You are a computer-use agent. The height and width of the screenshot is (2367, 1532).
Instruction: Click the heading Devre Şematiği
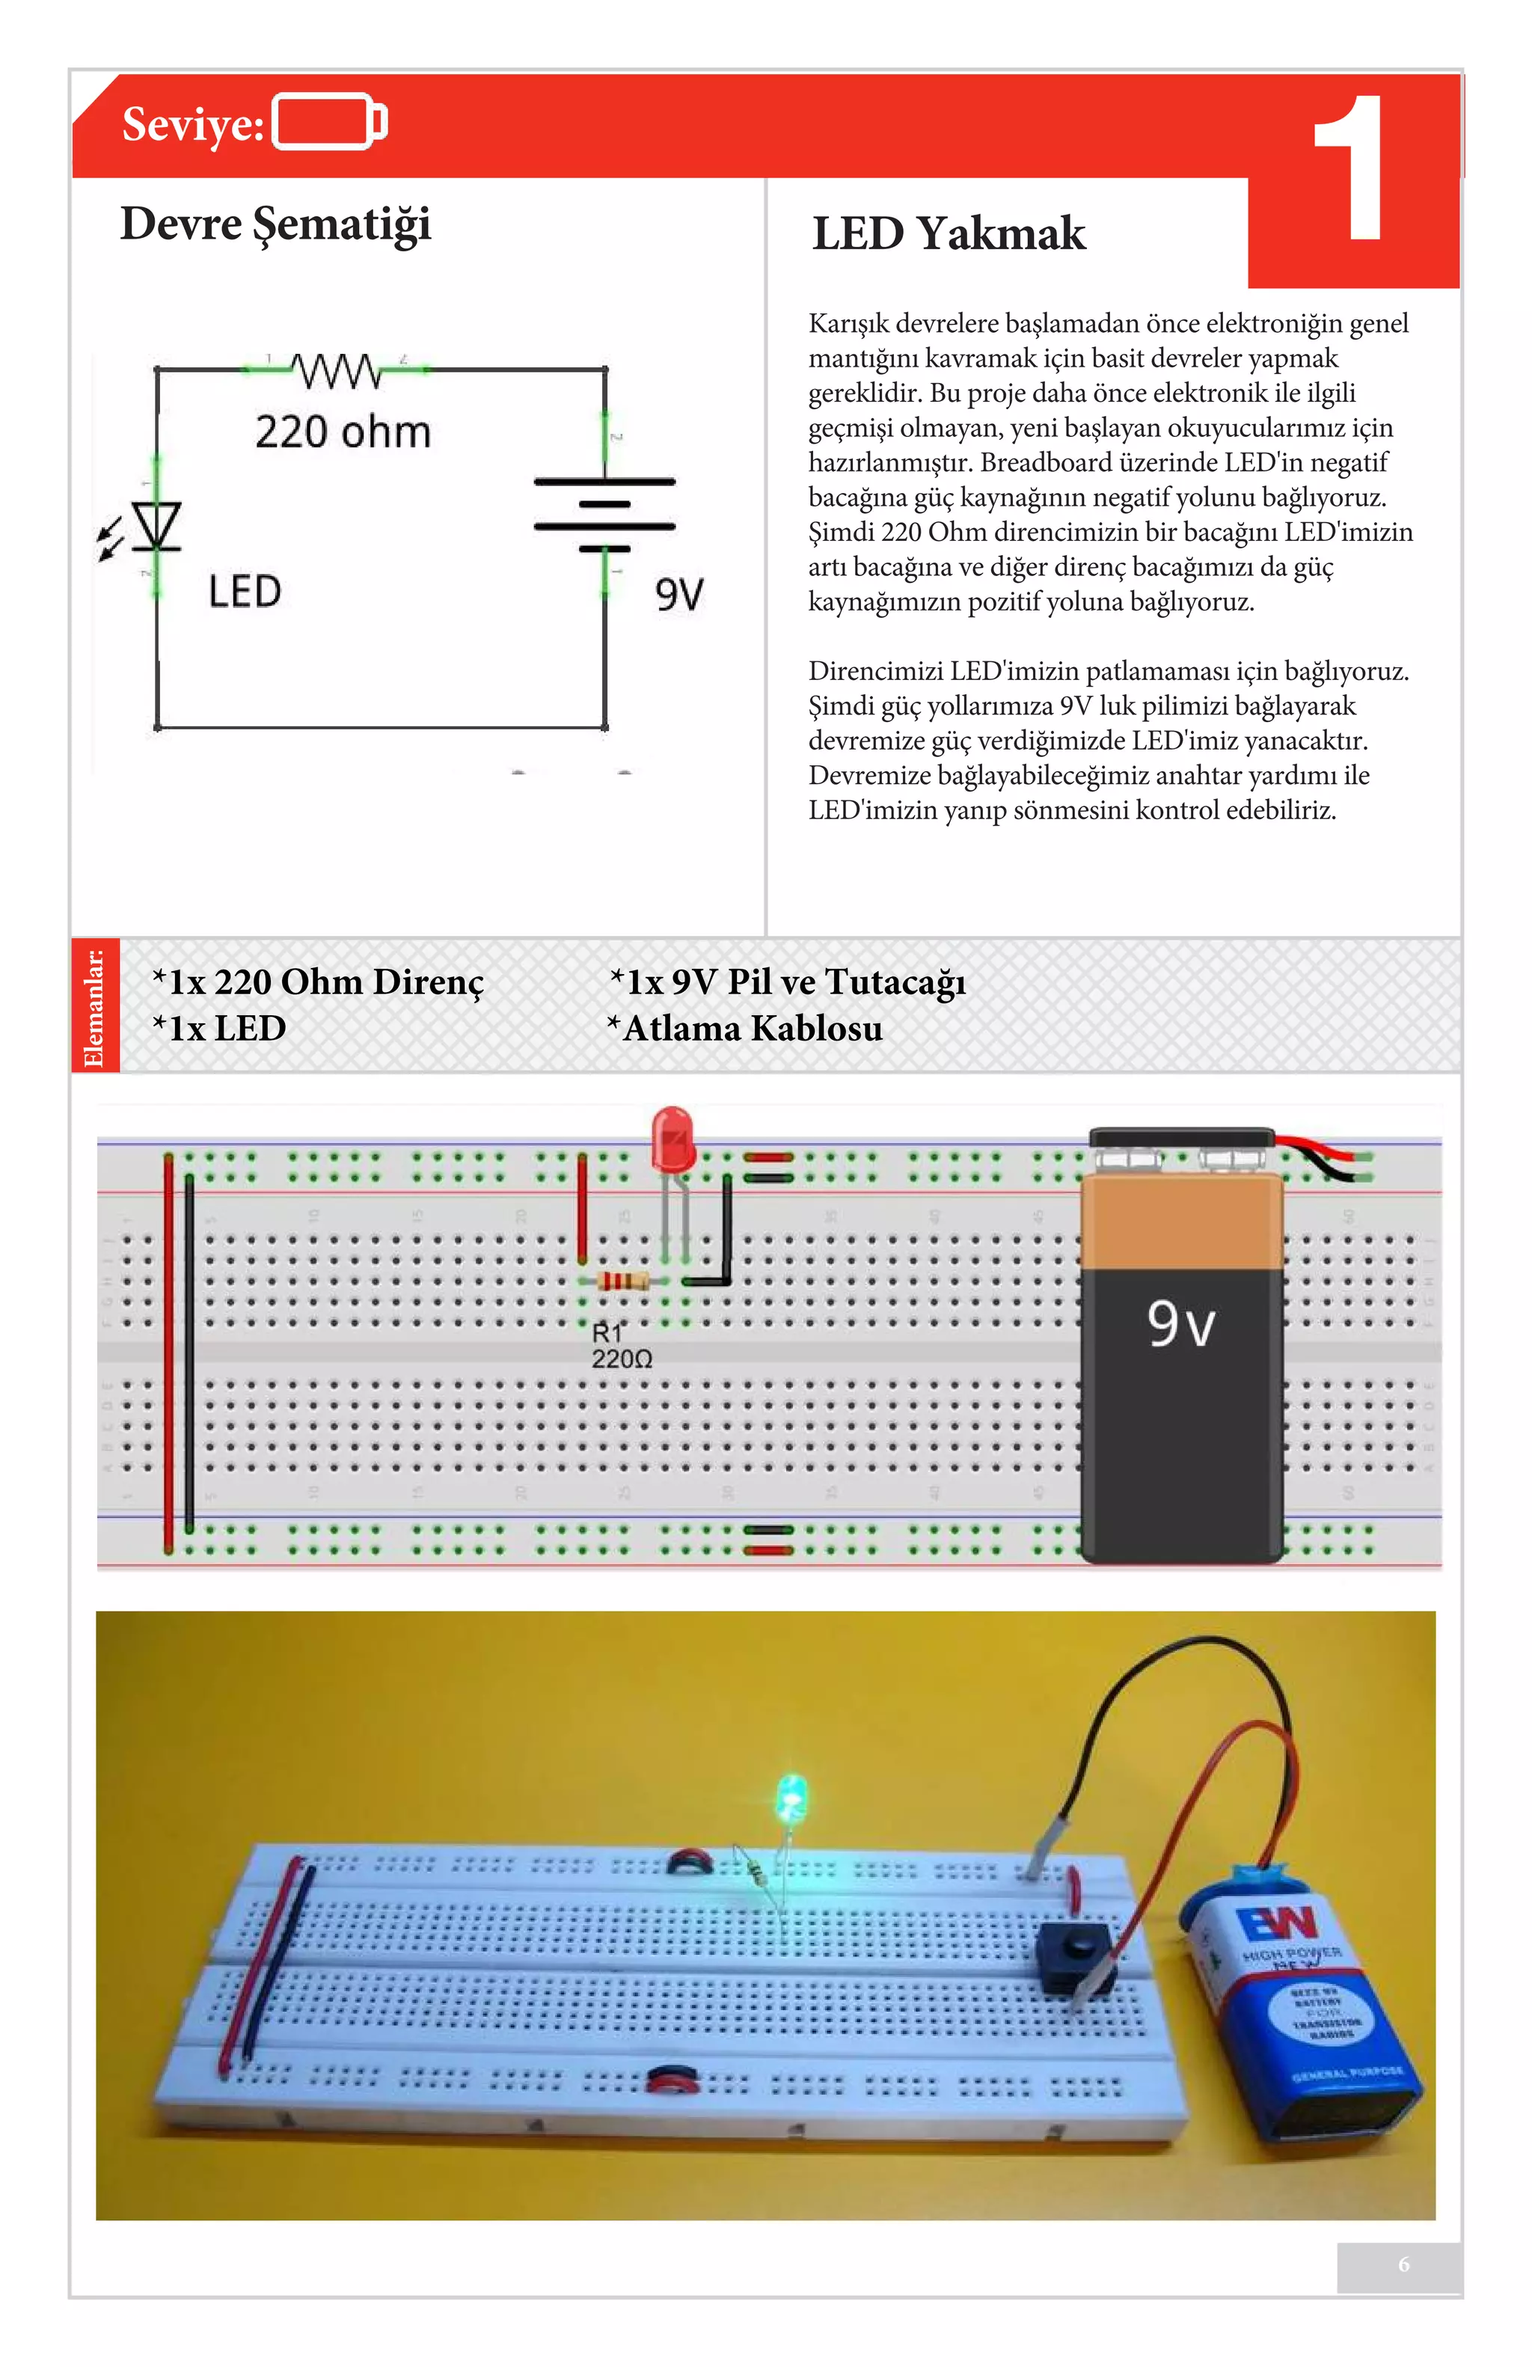(x=275, y=224)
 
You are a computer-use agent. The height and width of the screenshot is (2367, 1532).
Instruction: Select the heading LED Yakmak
(x=948, y=233)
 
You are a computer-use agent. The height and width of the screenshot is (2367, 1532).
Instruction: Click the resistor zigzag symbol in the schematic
(x=337, y=370)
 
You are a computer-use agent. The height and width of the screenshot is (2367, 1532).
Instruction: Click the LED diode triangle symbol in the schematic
(x=156, y=525)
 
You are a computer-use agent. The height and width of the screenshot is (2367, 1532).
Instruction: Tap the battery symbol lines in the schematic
(x=604, y=514)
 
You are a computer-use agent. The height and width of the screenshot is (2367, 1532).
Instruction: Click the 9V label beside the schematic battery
(x=679, y=595)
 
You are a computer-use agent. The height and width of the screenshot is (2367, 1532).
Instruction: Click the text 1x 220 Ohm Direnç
(x=318, y=982)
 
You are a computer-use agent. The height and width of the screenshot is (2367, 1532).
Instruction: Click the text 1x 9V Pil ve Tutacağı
(x=788, y=982)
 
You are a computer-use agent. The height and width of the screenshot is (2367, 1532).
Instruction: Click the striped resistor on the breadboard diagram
(x=622, y=1281)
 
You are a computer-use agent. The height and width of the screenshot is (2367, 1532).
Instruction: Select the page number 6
(x=1403, y=2264)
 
